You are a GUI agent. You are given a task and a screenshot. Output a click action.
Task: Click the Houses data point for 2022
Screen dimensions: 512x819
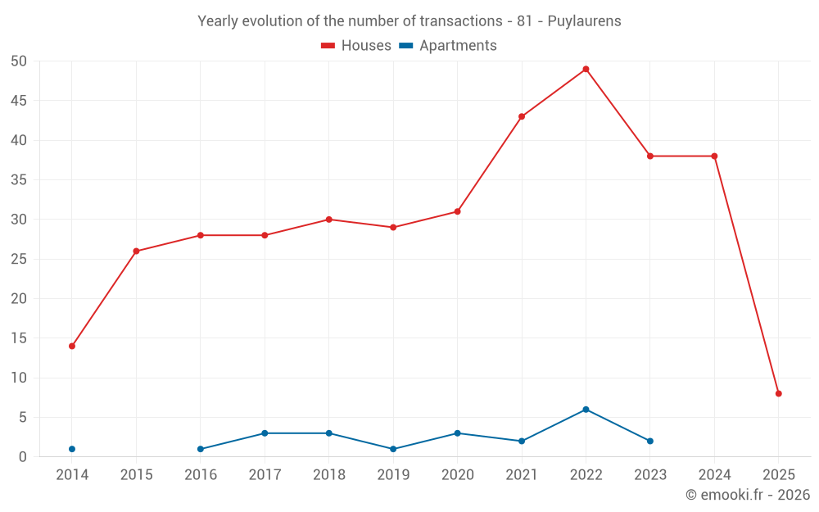coord(586,69)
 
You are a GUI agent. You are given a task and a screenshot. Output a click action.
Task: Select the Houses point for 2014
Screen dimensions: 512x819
coord(72,346)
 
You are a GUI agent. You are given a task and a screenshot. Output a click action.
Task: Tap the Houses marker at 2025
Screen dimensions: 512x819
coord(778,393)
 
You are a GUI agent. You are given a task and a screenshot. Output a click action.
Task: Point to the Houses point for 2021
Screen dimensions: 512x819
coord(522,116)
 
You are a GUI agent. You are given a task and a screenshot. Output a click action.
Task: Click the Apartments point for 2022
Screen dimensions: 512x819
coord(586,410)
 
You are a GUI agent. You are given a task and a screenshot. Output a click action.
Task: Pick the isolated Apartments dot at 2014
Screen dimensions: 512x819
coord(72,449)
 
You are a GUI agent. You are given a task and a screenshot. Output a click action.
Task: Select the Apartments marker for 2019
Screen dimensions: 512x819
coord(393,449)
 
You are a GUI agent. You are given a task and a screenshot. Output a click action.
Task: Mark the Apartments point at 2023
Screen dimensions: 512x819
coord(649,441)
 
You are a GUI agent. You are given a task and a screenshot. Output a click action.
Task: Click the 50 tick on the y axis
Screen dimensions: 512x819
coord(19,61)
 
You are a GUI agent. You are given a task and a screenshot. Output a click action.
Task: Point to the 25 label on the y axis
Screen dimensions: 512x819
coord(19,260)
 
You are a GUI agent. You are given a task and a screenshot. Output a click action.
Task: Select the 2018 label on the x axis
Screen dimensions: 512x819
coord(328,474)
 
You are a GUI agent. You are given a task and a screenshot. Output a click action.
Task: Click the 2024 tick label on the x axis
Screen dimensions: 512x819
coord(714,474)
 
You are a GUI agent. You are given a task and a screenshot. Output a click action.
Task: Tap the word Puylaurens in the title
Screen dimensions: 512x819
coord(581,21)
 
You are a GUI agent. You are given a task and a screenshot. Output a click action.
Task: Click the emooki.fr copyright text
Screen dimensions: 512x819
coord(747,495)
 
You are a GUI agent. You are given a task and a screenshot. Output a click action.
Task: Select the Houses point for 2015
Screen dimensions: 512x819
coord(136,251)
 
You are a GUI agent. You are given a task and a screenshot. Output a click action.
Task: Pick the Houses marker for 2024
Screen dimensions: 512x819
coord(714,156)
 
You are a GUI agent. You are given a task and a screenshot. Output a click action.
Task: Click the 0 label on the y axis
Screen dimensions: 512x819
coord(23,457)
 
